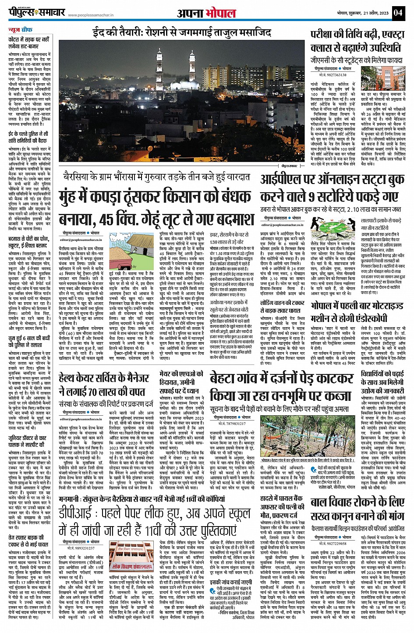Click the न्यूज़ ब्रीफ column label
coord(21,30)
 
